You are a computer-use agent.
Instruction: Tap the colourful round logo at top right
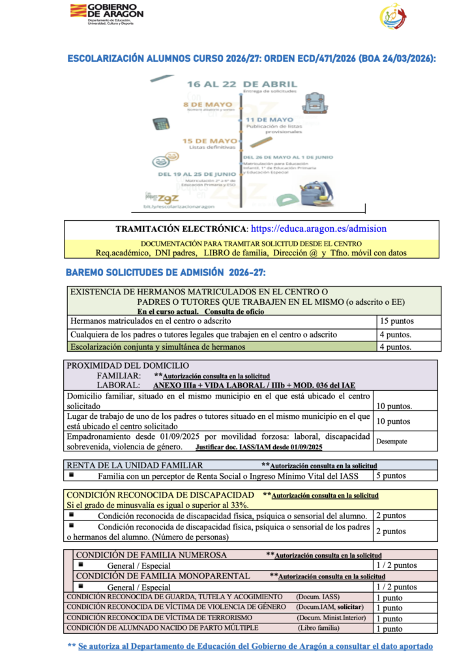(392, 16)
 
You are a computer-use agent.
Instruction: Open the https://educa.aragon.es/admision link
(319, 229)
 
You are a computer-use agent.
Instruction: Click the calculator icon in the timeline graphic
(161, 124)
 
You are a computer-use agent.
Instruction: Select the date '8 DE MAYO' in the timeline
(203, 104)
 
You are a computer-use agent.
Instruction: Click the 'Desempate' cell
(392, 441)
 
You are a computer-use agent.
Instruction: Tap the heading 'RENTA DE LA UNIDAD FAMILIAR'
(135, 465)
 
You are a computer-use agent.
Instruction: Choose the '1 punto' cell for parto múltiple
(389, 629)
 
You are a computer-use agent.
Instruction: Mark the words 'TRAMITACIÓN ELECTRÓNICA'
(181, 229)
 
